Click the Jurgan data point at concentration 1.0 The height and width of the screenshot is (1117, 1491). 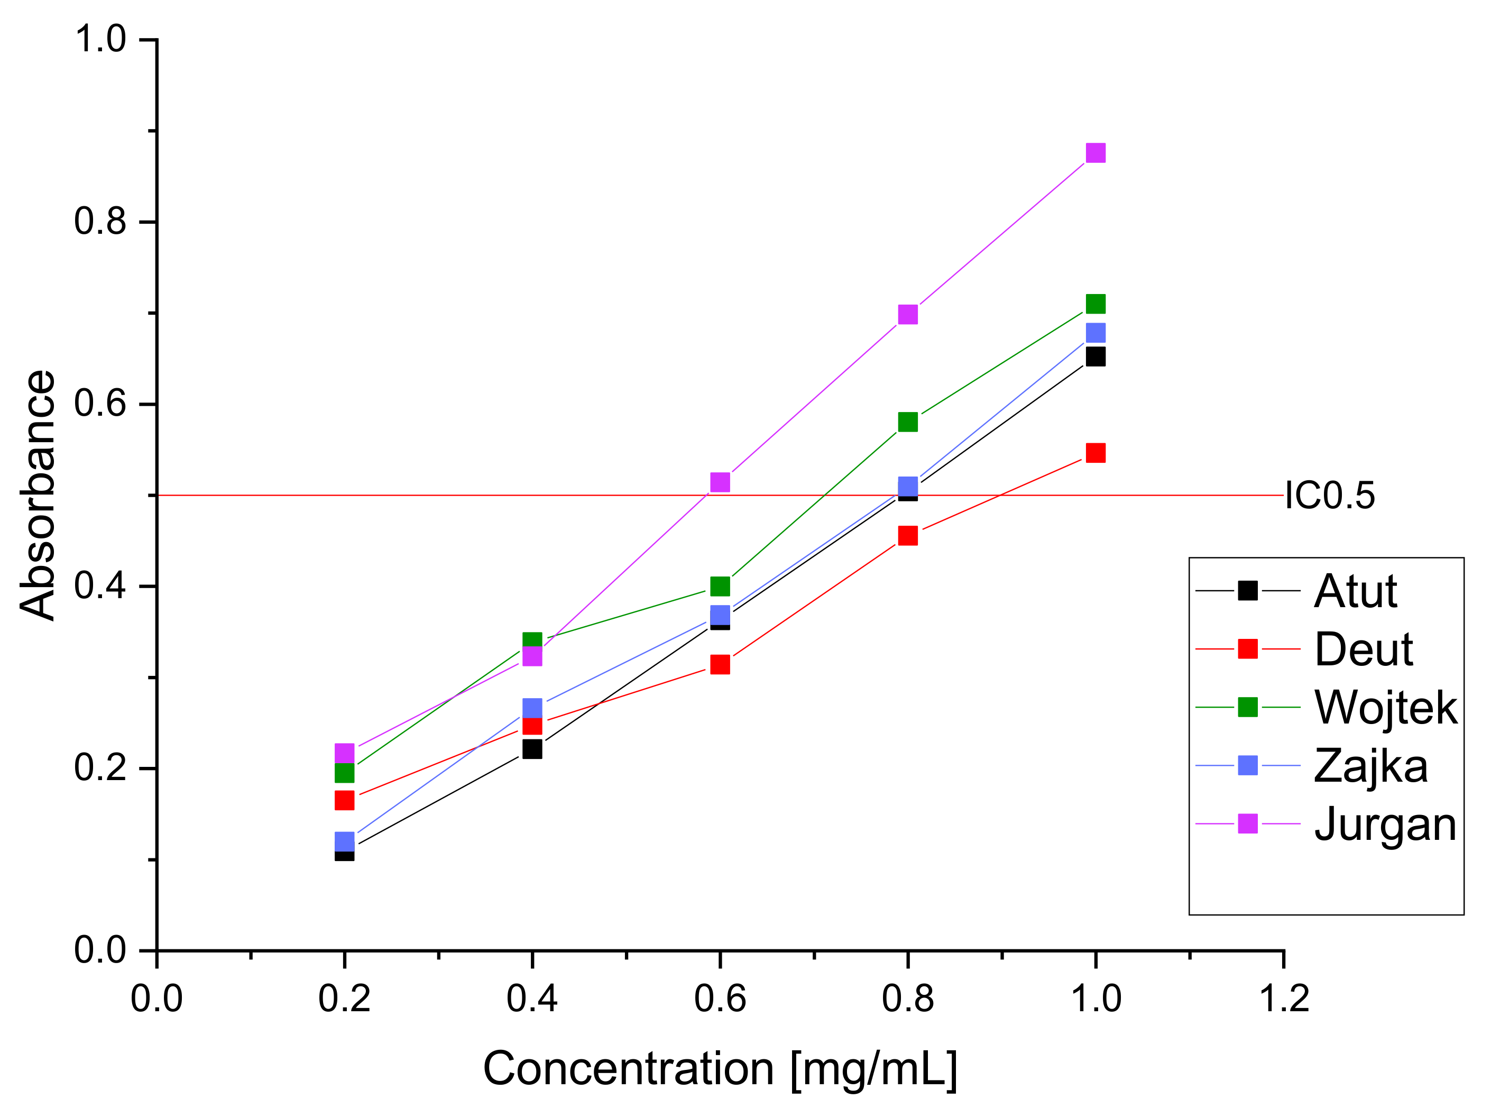point(1096,153)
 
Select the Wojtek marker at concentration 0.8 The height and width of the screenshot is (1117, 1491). point(908,422)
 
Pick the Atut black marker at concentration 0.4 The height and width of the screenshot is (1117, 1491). point(532,749)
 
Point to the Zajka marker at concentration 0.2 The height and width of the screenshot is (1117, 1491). point(344,841)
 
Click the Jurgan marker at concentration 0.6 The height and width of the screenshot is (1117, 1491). point(720,482)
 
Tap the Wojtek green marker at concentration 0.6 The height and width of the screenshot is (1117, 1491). point(720,587)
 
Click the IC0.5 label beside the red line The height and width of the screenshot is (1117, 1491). point(1329,496)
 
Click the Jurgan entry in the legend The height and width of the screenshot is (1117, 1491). point(1385,824)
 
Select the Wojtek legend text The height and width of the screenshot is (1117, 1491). point(1385,708)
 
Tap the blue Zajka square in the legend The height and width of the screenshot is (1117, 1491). point(1248,766)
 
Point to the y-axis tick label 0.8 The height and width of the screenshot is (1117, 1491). point(100,221)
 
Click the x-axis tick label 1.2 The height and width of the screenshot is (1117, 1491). point(1283,999)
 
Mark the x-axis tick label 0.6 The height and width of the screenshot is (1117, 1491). point(720,999)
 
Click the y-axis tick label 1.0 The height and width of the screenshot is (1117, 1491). point(100,39)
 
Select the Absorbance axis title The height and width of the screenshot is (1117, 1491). point(38,496)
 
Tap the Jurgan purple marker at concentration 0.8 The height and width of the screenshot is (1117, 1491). point(908,315)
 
